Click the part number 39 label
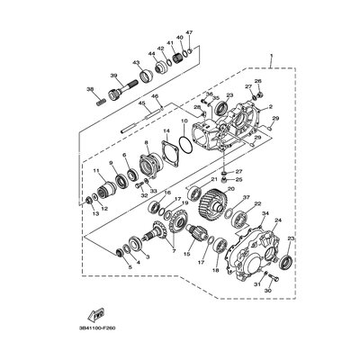tap(114, 76)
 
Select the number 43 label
tap(136, 63)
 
